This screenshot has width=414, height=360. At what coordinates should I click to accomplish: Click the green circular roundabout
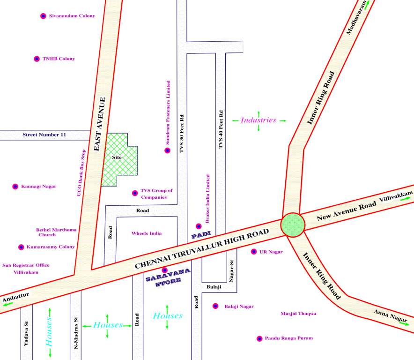point(293,225)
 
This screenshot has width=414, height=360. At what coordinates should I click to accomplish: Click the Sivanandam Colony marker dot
point(43,16)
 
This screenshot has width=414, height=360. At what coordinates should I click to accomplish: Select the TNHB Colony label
point(59,59)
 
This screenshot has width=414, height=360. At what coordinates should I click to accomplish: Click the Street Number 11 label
point(44,135)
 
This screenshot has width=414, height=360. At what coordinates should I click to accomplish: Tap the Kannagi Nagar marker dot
point(15,187)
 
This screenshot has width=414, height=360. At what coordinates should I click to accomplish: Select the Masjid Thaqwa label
point(298,314)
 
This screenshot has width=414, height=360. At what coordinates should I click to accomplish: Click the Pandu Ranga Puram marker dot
point(259,338)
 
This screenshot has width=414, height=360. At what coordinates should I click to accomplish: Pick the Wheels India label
point(147,233)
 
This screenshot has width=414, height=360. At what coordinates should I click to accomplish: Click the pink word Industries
point(259,120)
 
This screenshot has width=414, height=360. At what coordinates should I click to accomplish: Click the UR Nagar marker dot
point(254,252)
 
